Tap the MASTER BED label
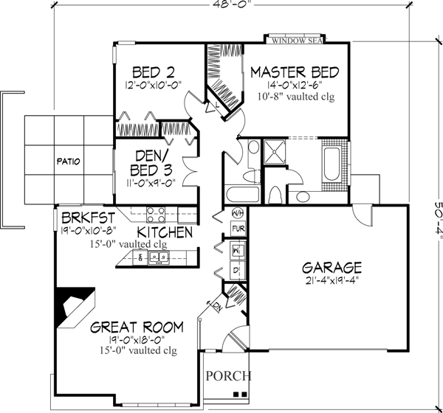point(294,72)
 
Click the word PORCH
point(228,375)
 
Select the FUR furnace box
point(238,230)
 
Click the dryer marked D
point(236,270)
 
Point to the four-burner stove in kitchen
point(156,214)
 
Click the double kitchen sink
point(157,257)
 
